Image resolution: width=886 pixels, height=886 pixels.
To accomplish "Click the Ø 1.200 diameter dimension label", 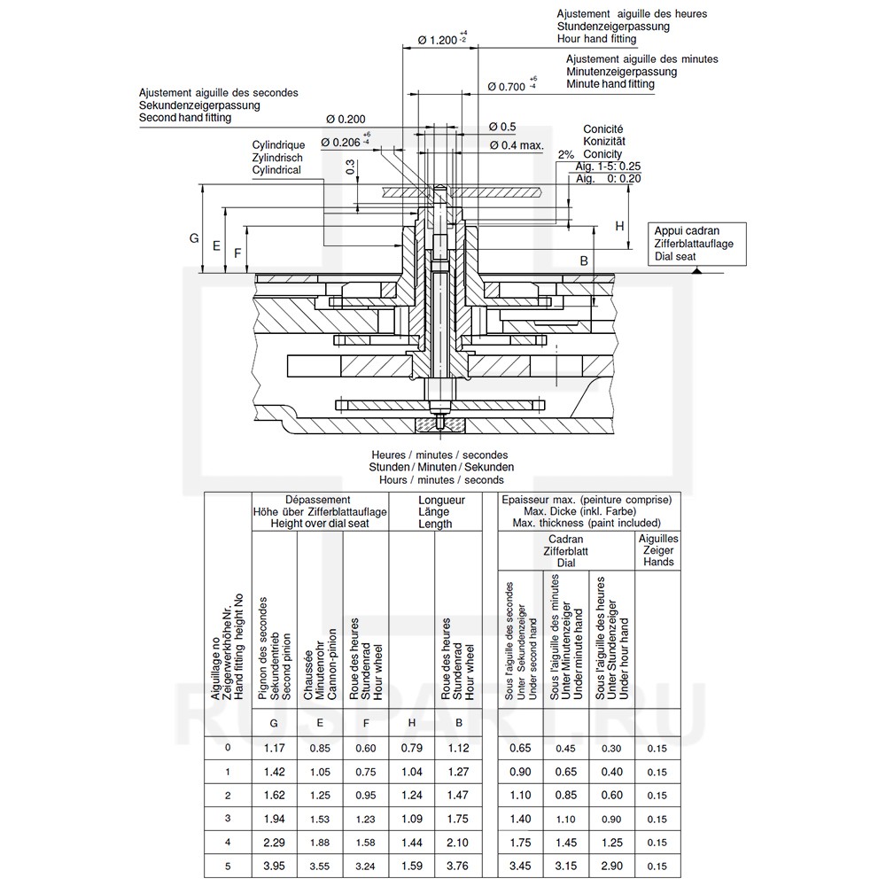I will pos(436,40).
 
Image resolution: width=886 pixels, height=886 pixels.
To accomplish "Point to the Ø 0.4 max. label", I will pos(517,144).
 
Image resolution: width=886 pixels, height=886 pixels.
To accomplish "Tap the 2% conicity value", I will pos(566,154).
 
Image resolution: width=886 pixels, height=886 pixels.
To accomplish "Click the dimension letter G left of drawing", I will pos(194,238).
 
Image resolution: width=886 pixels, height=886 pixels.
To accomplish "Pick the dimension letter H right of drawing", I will pos(620,226).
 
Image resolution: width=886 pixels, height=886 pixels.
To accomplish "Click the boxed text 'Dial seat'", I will pos(675,257).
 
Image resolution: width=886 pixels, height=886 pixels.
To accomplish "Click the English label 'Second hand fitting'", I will pos(185,118).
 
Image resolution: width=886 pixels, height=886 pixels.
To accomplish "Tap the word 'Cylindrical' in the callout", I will pos(276,169).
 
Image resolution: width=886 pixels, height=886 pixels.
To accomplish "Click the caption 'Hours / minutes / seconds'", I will pos(441,479).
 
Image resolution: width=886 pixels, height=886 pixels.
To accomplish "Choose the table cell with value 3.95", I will pos(274,865).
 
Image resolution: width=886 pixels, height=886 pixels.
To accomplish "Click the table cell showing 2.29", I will pos(274,841).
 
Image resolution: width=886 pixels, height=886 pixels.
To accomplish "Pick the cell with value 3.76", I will pos(457,865).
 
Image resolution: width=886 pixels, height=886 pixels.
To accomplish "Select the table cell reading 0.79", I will pos(412,748).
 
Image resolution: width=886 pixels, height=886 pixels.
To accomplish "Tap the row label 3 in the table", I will pos(228,818).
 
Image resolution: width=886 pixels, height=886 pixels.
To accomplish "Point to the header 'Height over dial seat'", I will pos(319,524).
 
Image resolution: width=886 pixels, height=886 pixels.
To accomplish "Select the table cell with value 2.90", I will pos(611,865).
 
